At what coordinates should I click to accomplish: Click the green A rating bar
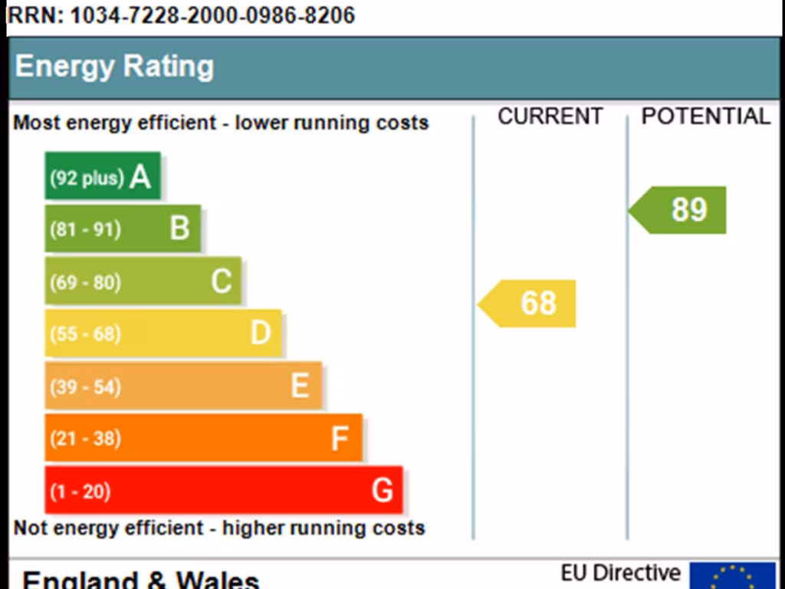tap(103, 176)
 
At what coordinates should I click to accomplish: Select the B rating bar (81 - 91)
tap(123, 229)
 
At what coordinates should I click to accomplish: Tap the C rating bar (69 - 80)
tap(143, 281)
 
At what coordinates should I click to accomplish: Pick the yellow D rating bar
tap(163, 333)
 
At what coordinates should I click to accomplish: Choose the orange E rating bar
tap(183, 386)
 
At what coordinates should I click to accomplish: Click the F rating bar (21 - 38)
tap(203, 438)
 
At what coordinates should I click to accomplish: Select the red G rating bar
tap(223, 490)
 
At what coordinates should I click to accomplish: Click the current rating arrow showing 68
tap(528, 304)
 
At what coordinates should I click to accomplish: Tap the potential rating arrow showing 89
tap(679, 210)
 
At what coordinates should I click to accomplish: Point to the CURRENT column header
tap(550, 117)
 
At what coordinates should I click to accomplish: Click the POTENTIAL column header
tap(705, 117)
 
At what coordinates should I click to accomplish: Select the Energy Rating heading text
tap(114, 67)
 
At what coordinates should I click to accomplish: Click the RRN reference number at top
tap(181, 15)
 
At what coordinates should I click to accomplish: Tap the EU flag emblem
tap(732, 576)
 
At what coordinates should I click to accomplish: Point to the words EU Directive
tap(620, 573)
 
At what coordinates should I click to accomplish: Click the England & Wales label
tap(141, 579)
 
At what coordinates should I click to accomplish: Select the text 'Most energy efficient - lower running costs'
tap(221, 123)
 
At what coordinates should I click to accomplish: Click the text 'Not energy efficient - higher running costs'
tap(219, 528)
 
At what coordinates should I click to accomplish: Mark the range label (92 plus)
tap(87, 178)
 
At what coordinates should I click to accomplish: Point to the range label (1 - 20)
tap(80, 491)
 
